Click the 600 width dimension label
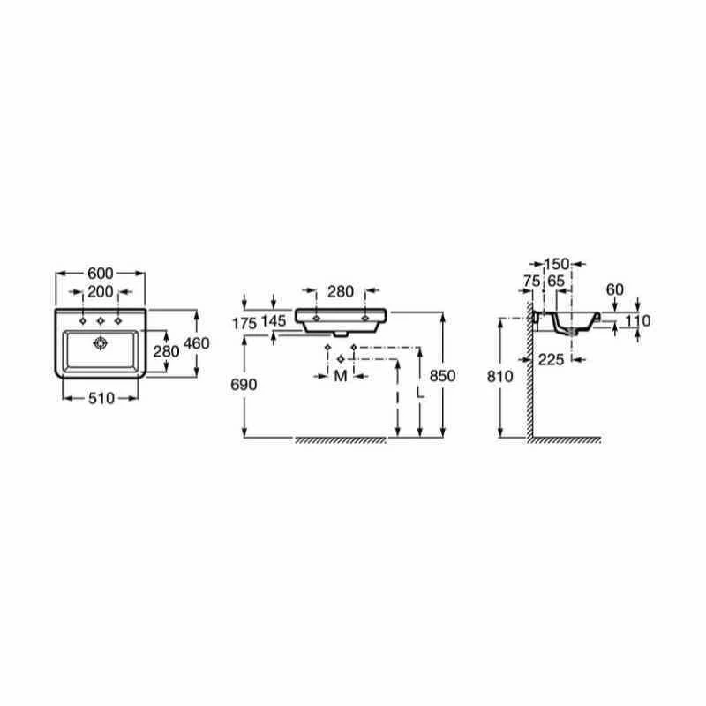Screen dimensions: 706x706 (100, 273)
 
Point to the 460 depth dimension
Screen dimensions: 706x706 (196, 343)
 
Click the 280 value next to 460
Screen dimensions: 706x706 (166, 350)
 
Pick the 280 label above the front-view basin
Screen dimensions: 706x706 (340, 290)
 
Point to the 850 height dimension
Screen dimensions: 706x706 (443, 375)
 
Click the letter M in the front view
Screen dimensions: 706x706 (340, 378)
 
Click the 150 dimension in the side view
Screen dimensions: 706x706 (557, 263)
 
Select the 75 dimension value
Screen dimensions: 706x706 (531, 281)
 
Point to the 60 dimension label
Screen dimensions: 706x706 (615, 289)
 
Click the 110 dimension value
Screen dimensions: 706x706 (637, 321)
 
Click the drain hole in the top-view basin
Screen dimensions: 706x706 (100, 343)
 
